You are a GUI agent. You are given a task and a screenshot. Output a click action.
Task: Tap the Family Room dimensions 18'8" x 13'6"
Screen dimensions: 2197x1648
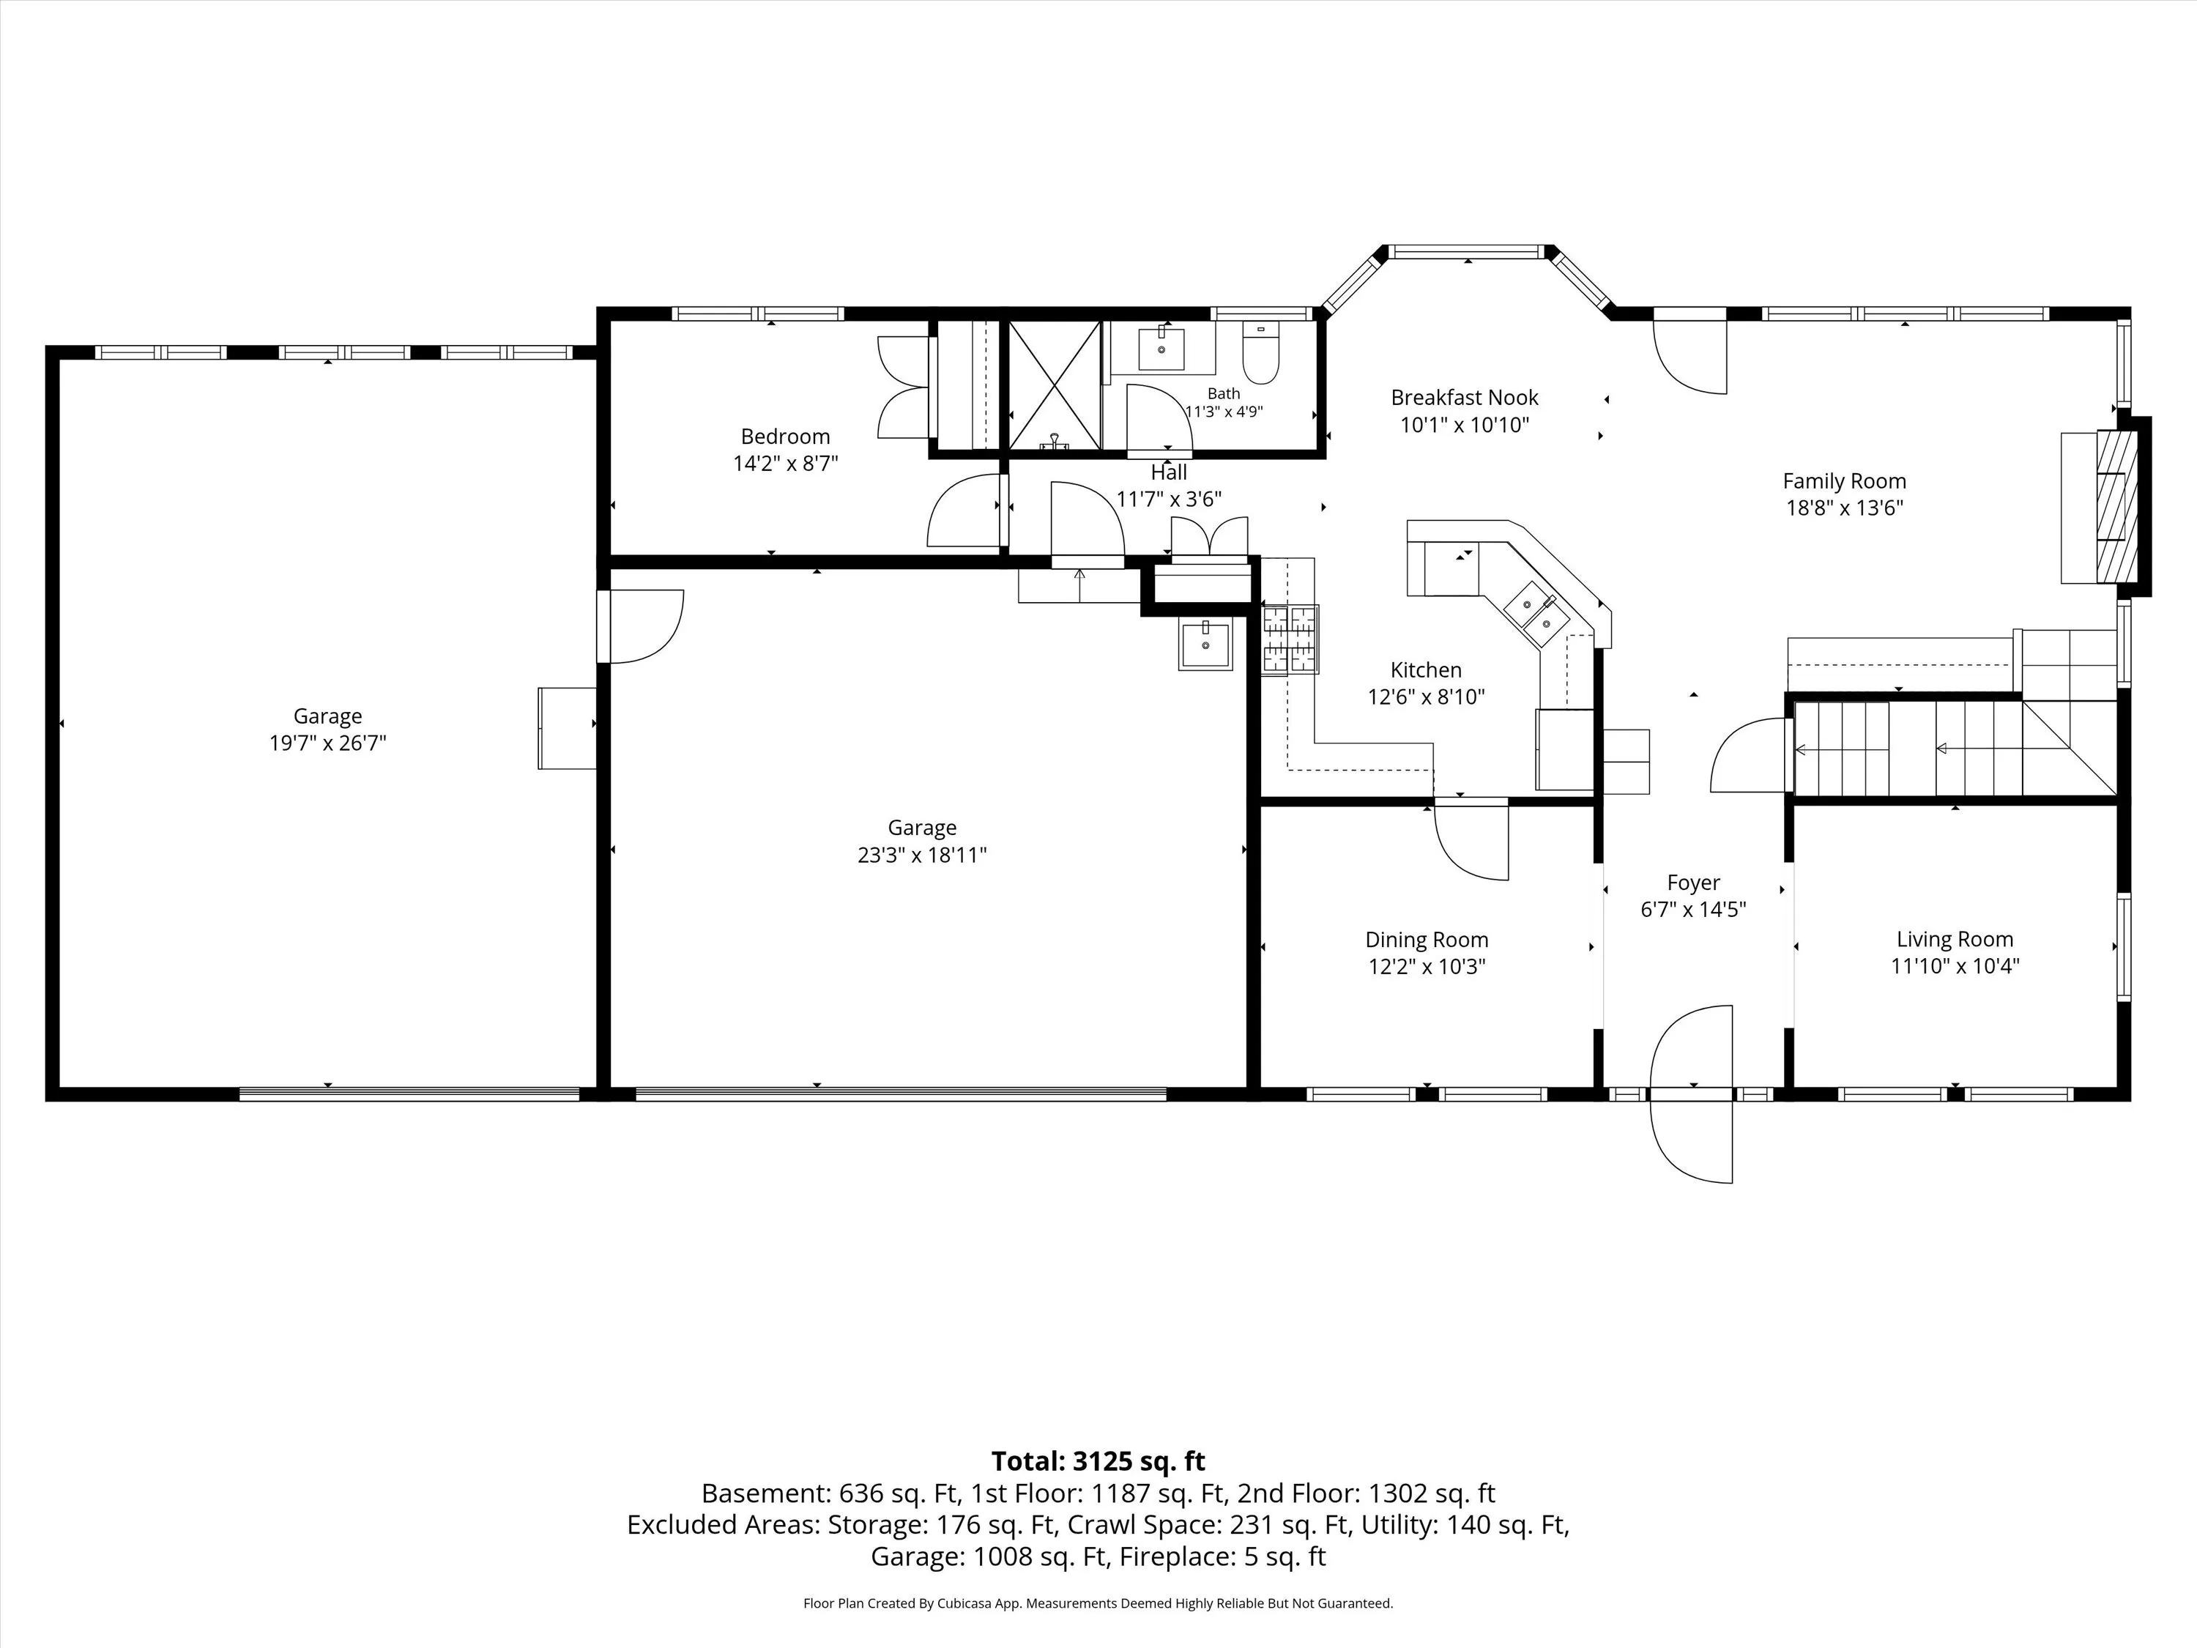pos(1845,508)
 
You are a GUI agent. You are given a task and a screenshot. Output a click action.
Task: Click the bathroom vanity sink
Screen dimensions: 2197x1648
pos(1161,348)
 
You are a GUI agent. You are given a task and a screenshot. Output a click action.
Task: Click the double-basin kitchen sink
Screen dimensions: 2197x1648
pos(1536,613)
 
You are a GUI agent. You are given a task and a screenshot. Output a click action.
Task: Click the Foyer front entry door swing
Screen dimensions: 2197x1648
pos(1692,1094)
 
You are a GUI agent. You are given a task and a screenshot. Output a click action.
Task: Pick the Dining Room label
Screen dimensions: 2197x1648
pos(1427,940)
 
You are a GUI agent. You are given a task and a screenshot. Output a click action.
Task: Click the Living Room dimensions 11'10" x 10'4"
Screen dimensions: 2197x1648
pos(1955,965)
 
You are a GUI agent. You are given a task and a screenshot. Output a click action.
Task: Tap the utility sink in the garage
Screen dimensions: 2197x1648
pos(1205,644)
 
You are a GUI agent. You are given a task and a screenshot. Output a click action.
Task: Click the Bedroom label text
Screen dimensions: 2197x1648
pos(784,436)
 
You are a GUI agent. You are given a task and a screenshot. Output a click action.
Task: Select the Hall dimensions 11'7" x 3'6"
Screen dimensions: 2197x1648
pos(1169,499)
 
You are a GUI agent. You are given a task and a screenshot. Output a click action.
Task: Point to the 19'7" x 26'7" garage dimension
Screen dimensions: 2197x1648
pos(328,743)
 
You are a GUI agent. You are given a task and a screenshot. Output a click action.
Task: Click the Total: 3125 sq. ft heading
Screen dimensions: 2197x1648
pos(1098,1461)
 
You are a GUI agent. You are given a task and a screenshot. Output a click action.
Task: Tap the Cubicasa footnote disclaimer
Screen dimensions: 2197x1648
pos(1098,1603)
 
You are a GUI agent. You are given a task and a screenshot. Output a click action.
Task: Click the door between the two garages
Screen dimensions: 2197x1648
pos(641,626)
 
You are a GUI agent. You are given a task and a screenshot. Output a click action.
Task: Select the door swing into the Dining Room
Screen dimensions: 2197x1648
pos(1471,839)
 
